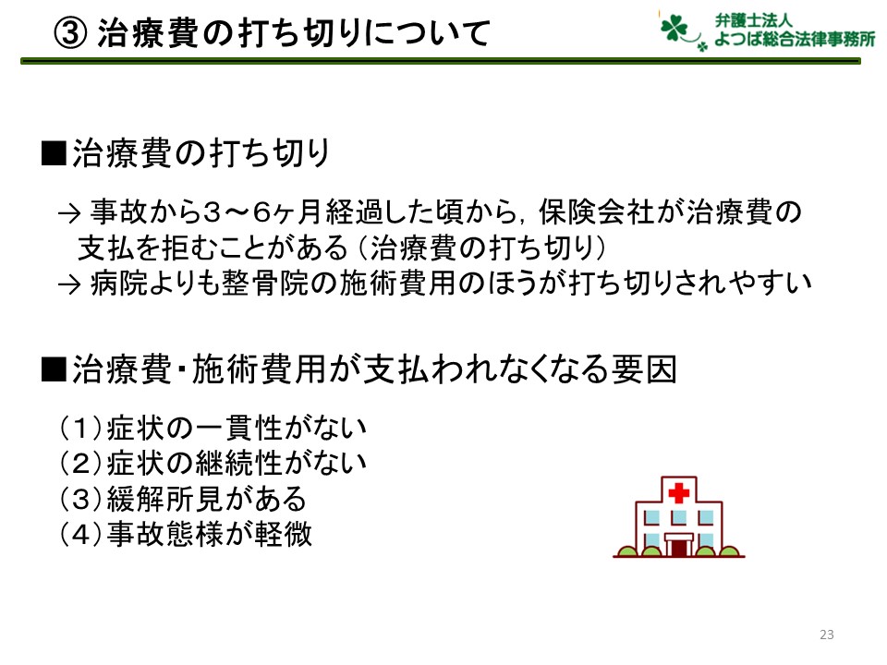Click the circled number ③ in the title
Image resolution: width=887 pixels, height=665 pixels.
[70, 33]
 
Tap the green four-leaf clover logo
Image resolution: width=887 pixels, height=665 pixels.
[674, 29]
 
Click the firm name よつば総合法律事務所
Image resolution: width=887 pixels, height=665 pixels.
[795, 39]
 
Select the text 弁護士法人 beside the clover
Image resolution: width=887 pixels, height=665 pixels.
[753, 19]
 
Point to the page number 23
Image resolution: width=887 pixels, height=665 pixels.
[826, 635]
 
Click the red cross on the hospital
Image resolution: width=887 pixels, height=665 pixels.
[679, 492]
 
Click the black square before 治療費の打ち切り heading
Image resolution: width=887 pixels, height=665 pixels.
[54, 153]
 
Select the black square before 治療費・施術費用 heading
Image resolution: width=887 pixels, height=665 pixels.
[54, 369]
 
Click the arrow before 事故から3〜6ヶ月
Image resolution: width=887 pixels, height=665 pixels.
[69, 213]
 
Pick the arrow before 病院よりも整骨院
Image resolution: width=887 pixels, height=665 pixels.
[69, 284]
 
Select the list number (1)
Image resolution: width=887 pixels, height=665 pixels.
[81, 428]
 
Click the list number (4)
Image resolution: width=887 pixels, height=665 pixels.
[81, 534]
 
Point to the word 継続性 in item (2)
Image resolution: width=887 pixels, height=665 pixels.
[240, 463]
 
